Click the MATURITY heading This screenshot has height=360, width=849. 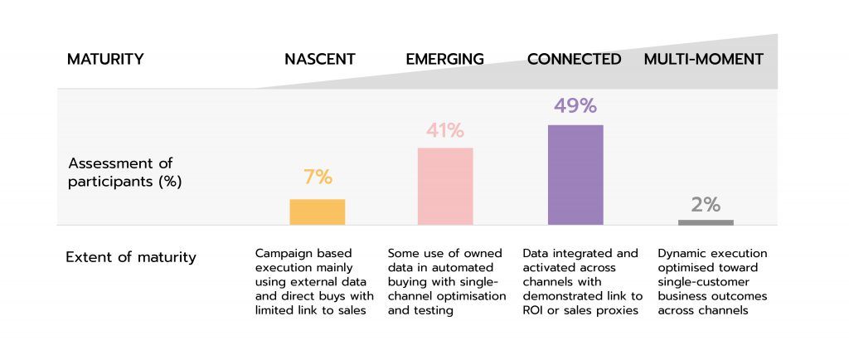pos(105,60)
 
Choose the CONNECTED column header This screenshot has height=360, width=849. pos(574,60)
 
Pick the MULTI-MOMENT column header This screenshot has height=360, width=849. pos(704,60)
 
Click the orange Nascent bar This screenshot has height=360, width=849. pos(318,212)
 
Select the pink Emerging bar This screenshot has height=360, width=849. pos(445,186)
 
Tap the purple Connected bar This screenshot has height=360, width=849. pos(575,174)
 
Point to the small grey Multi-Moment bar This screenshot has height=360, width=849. pos(706,222)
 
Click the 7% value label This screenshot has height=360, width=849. pos(318,178)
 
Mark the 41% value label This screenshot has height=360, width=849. pos(445,130)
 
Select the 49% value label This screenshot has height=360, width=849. pos(575,106)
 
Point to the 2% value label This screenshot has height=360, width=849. pos(706,205)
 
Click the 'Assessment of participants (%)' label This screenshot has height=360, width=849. pos(125,172)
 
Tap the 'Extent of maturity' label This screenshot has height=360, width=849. pos(131,257)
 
